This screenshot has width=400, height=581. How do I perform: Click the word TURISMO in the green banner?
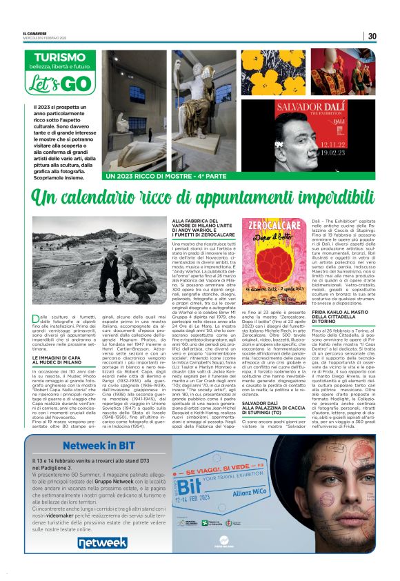[60, 57]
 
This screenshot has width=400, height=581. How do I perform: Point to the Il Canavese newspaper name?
[34, 33]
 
